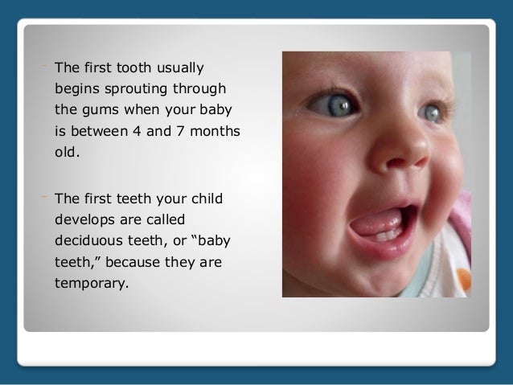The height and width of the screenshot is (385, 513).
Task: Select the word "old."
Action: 68,150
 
